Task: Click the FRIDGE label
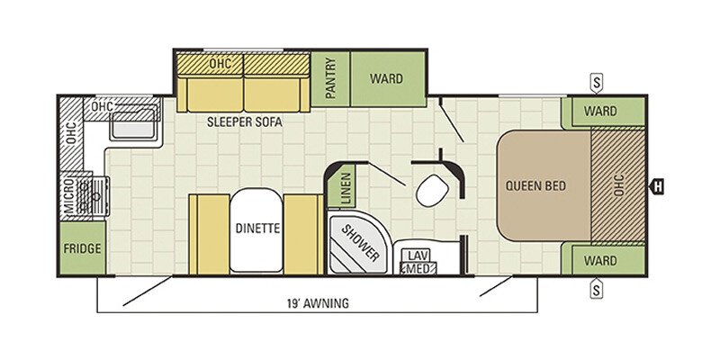[82, 249]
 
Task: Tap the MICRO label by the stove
[70, 195]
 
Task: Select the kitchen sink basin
[133, 124]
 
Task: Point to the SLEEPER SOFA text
[244, 122]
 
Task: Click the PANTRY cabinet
[330, 78]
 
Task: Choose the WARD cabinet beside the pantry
[388, 78]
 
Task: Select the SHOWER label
[359, 242]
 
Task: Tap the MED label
[418, 268]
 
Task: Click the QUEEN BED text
[535, 186]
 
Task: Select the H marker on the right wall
[657, 186]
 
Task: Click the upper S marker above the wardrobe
[597, 84]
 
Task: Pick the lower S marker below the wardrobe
[597, 289]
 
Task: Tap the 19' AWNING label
[317, 303]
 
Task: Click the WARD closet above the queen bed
[602, 112]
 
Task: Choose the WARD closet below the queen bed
[602, 260]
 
